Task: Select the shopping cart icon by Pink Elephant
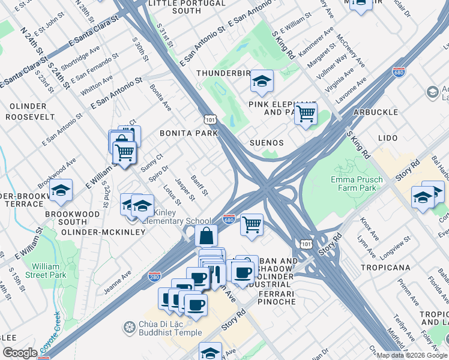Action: pos(306,112)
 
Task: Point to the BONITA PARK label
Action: pos(188,133)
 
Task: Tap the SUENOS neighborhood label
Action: pos(267,143)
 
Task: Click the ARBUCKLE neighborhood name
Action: pos(376,112)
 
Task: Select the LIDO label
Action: pos(388,138)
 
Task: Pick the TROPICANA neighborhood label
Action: pos(385,267)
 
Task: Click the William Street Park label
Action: pos(50,271)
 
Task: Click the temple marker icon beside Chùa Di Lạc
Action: pos(128,328)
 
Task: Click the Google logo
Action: pos(20,353)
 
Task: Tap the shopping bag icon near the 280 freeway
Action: pos(206,236)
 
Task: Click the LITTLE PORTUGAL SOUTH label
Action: pos(187,7)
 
